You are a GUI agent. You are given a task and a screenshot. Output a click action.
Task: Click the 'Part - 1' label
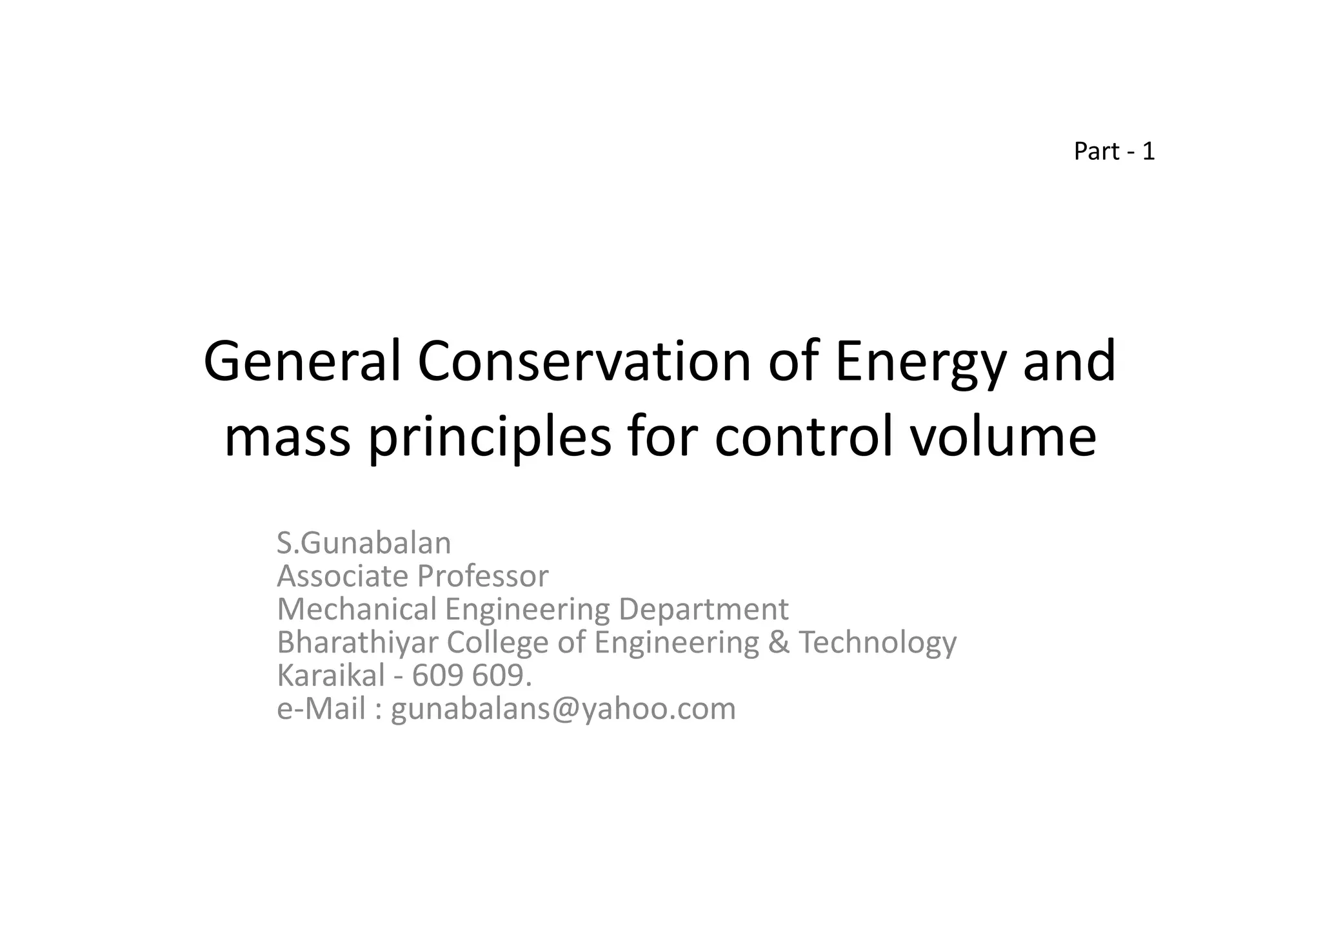click(1114, 152)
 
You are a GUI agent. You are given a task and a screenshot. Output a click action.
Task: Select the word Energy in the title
click(920, 362)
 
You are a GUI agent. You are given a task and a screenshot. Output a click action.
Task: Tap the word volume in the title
click(1002, 437)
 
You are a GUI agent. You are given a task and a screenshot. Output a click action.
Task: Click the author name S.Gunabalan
click(364, 543)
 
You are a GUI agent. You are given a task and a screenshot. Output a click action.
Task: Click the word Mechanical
click(357, 609)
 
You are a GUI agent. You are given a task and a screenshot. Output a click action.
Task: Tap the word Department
click(703, 610)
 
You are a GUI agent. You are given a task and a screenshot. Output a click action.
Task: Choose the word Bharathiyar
click(357, 642)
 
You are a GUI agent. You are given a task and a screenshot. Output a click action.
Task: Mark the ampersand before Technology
click(779, 642)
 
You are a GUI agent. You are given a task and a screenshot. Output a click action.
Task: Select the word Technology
click(878, 643)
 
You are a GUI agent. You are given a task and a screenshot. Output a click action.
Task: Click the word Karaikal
click(331, 675)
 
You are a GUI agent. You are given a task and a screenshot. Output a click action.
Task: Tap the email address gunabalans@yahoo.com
click(563, 709)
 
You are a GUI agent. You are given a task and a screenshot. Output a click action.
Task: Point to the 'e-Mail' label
click(321, 709)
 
